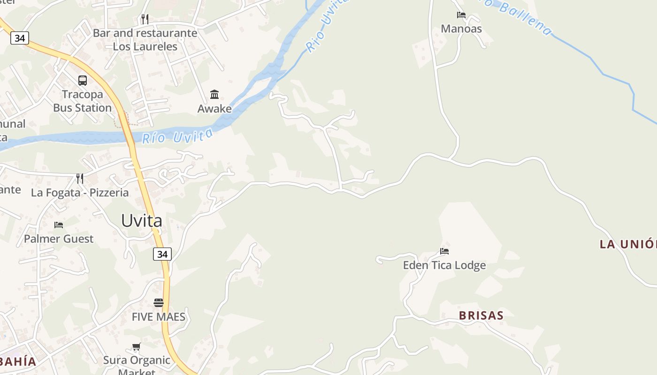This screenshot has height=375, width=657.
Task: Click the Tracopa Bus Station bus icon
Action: [83, 80]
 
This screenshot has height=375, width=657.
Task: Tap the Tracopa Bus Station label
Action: [83, 101]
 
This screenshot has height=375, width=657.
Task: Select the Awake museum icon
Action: [214, 94]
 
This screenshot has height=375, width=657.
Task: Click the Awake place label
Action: [214, 109]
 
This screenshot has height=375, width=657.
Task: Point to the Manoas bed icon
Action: [461, 15]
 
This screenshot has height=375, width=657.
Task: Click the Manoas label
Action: [461, 29]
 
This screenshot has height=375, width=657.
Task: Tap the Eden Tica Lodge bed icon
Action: [444, 251]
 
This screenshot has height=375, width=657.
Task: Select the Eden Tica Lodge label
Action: [444, 265]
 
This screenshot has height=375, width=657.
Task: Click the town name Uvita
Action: [142, 220]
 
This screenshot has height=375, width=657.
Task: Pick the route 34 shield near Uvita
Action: [162, 254]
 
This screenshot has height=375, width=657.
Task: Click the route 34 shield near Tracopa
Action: [19, 38]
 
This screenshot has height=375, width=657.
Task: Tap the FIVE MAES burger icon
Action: [159, 303]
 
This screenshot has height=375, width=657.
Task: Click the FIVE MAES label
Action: [159, 317]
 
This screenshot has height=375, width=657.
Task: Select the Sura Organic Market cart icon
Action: [136, 347]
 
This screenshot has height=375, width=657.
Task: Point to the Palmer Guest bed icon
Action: [59, 225]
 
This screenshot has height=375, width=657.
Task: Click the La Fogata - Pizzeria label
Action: [80, 192]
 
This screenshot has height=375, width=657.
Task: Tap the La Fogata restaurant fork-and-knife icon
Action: [80, 178]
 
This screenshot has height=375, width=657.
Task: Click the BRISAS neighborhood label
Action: [481, 315]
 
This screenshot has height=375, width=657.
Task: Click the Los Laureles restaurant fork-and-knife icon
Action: [145, 19]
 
